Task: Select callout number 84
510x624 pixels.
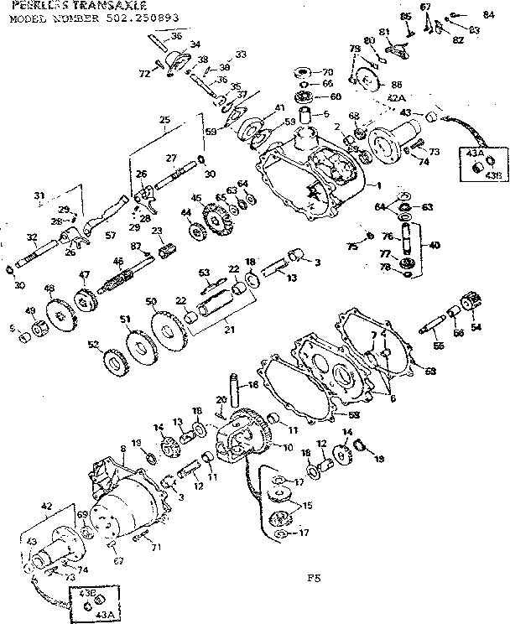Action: pos(488,14)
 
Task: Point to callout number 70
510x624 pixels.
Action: pos(327,71)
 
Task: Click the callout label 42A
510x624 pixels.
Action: pos(397,99)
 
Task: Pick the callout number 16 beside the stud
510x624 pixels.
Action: pos(251,386)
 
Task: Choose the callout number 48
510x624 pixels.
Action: pos(49,289)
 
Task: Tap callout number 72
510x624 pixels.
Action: pos(144,75)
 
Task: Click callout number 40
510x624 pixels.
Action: pos(434,246)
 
